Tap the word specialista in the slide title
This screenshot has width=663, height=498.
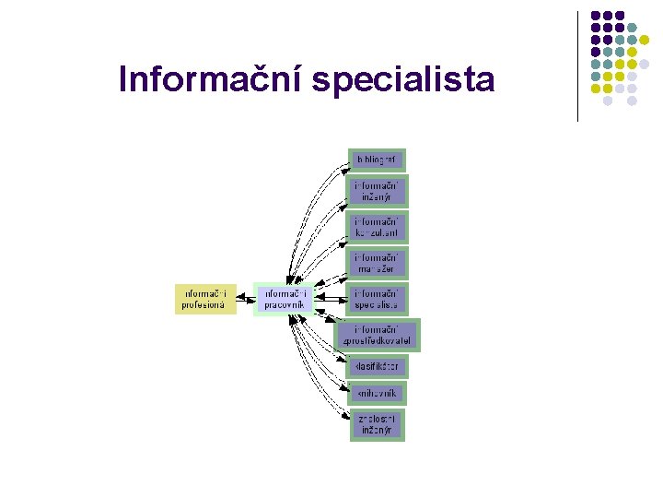tap(403, 80)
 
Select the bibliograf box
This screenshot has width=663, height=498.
tap(376, 160)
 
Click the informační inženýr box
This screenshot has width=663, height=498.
tap(376, 192)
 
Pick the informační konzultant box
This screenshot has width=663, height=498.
tap(376, 228)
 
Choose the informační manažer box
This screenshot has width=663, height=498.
tap(376, 264)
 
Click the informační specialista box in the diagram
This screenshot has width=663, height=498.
tap(376, 299)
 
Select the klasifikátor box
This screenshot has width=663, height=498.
tap(376, 366)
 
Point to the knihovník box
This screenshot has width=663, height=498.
tap(375, 393)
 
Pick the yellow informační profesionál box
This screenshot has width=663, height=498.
tap(206, 299)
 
